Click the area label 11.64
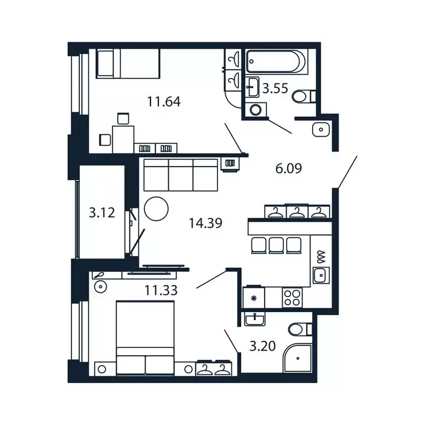(x=164, y=102)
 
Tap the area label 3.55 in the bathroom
(x=275, y=88)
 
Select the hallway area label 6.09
(x=288, y=168)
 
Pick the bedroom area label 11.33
(x=161, y=288)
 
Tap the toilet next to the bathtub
(x=302, y=97)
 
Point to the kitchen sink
(x=320, y=274)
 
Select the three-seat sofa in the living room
(x=180, y=175)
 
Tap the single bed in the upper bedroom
(x=128, y=63)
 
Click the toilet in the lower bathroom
(x=299, y=330)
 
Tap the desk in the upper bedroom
(x=123, y=138)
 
